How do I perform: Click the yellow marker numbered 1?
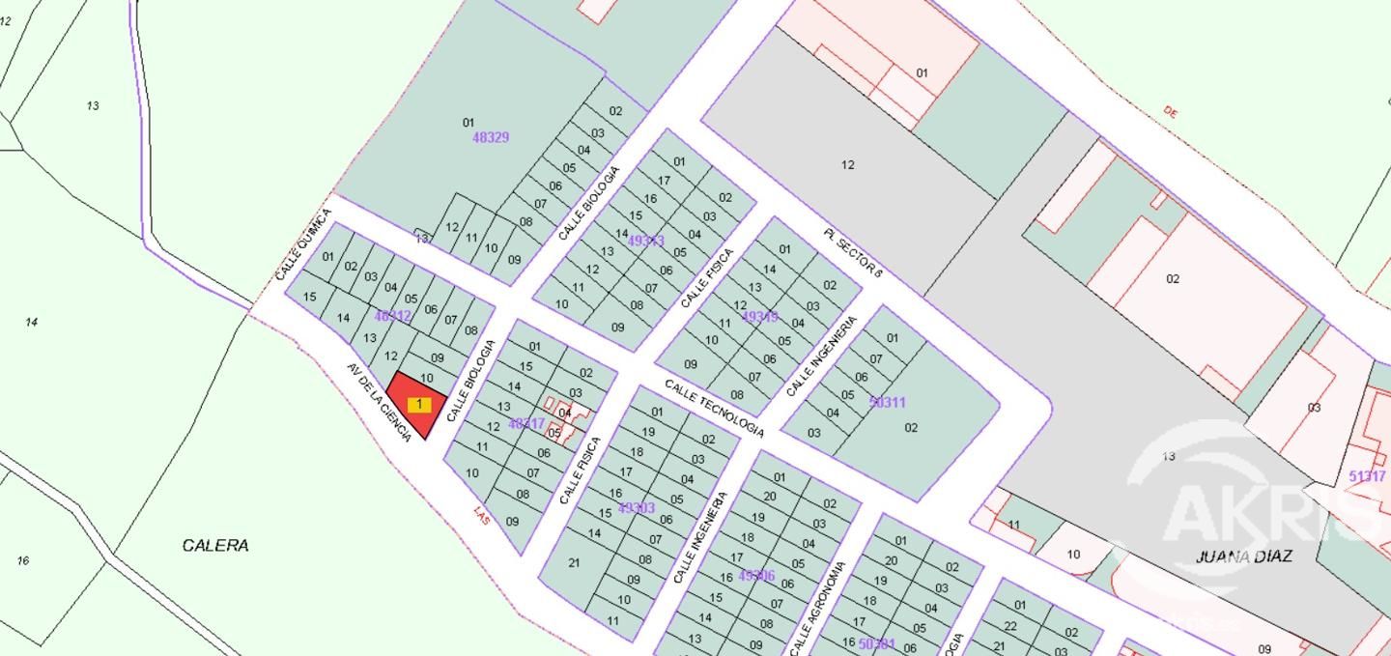point(419,405)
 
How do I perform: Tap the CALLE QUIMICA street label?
point(302,245)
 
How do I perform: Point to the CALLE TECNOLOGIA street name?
point(714,408)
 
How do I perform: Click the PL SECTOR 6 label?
point(854,253)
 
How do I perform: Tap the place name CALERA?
point(215,546)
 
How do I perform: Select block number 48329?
point(490,137)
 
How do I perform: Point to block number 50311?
point(887,402)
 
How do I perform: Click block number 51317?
point(1367,476)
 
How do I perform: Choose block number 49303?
point(637,508)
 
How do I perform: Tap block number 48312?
point(392,316)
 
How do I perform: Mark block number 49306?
point(756,576)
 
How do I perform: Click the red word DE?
point(1171,112)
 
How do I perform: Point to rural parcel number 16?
point(23,560)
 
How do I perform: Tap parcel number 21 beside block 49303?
point(574,562)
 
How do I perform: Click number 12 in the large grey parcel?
point(847,165)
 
